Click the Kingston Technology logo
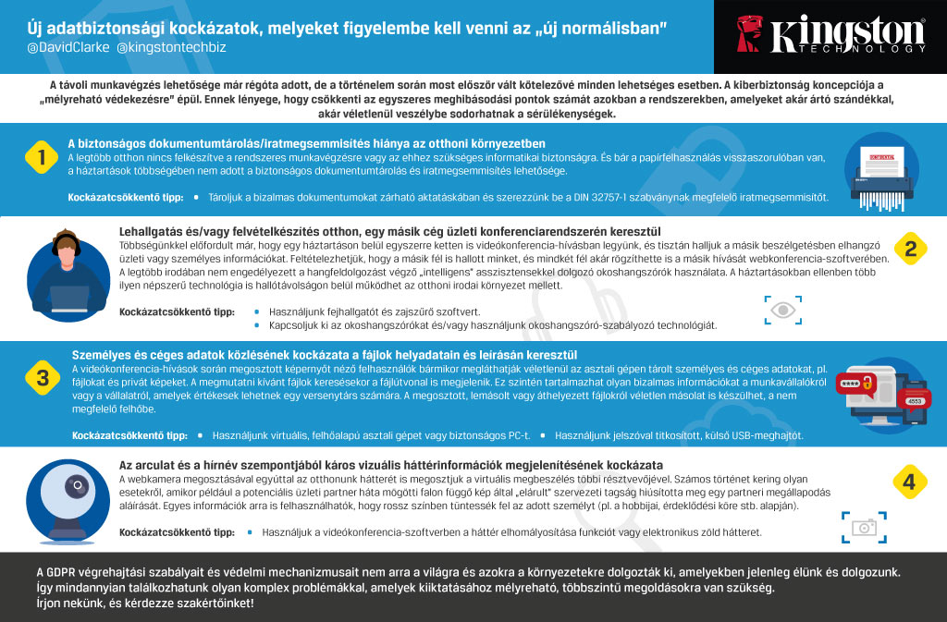[830, 34]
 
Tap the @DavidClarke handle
[57, 45]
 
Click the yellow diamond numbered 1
[38, 156]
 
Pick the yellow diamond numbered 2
[910, 248]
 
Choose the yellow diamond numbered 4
[910, 481]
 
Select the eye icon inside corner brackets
[782, 311]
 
